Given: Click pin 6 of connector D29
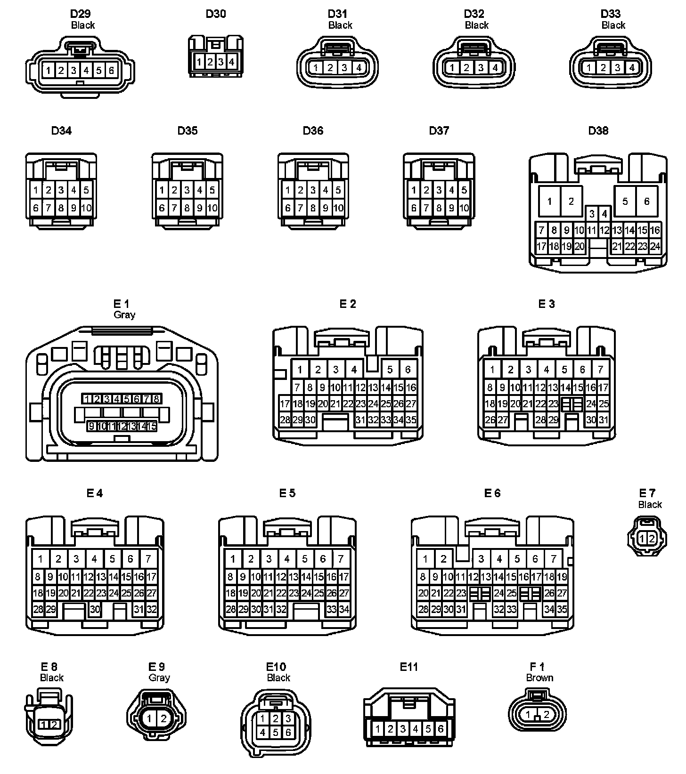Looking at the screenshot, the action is coord(111,71).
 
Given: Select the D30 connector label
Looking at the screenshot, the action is coord(216,14).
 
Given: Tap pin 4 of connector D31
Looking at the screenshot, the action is coord(359,68).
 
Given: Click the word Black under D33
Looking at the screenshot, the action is coord(613,25).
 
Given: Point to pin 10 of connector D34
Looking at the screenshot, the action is coord(86,208).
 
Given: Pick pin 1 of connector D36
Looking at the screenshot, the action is coord(288,191).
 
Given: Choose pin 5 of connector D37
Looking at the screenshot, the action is coord(464,191).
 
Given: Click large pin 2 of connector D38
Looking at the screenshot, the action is coord(571,202).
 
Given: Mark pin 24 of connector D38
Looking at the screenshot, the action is coord(655,246).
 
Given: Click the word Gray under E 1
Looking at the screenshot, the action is coord(124,314).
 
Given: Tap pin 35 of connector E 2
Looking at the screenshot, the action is coord(411,419).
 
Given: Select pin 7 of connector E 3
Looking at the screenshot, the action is coord(600,370).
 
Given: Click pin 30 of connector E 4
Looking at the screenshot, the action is coord(95,609).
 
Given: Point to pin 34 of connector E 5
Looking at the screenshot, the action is coord(344,609).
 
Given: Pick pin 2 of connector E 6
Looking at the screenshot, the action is coord(443,559).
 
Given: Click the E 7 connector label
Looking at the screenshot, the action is coord(647,493).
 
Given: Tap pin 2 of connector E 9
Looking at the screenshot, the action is coord(163,718).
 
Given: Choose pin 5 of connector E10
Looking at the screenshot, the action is coord(276,733).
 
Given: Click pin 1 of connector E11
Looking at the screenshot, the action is coord(378,729).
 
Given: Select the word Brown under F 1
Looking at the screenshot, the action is coord(539,678).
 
